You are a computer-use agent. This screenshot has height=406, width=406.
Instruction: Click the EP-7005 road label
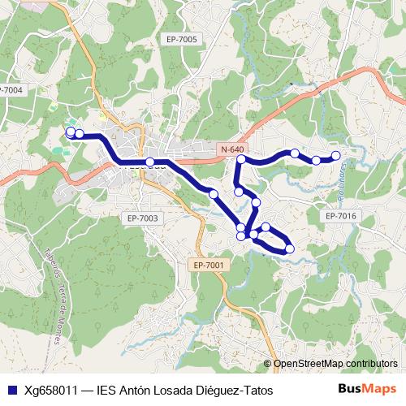182,39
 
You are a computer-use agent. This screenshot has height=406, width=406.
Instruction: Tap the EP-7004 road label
11,90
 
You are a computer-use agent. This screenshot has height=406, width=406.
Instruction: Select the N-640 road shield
232,149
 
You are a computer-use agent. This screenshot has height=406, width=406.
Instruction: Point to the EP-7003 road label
143,218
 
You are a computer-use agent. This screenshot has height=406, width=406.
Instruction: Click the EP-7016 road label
340,216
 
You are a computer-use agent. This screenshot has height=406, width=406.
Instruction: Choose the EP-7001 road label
209,265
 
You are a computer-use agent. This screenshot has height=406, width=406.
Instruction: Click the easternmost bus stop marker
335,156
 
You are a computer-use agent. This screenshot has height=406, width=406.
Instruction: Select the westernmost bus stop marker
71,132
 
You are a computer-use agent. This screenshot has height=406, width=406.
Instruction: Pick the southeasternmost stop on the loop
290,248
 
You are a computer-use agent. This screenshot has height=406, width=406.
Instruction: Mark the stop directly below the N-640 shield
241,161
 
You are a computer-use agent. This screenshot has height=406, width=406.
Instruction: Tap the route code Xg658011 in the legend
52,390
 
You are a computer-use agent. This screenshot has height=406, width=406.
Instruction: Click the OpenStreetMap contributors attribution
335,364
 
